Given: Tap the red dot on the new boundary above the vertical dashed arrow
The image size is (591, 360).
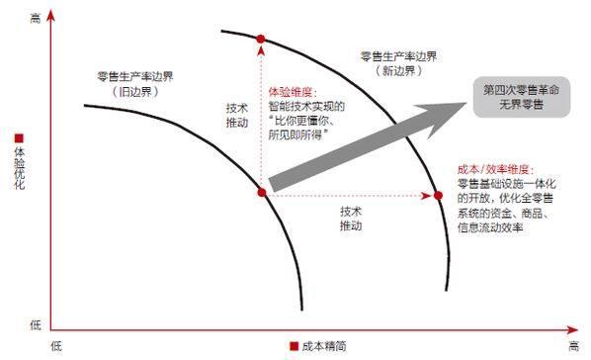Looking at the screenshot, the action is (x=261, y=41).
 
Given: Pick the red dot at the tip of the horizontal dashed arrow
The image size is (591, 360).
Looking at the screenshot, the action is (x=438, y=195).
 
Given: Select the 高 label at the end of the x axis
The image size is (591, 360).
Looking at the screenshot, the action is (x=574, y=345).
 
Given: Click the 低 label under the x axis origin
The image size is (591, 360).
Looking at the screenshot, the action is (x=56, y=345).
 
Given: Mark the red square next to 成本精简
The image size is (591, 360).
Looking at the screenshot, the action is (x=294, y=346).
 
